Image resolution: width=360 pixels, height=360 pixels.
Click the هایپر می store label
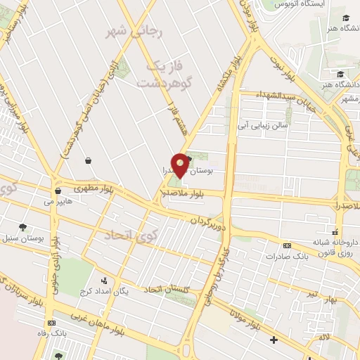[x=58, y=201]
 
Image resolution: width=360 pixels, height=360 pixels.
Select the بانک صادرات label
[x=286, y=257]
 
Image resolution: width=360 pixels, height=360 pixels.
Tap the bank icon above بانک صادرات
[x=287, y=245]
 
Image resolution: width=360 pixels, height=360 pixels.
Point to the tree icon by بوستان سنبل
[x=22, y=227]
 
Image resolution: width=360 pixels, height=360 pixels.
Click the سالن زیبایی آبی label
[x=261, y=127]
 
